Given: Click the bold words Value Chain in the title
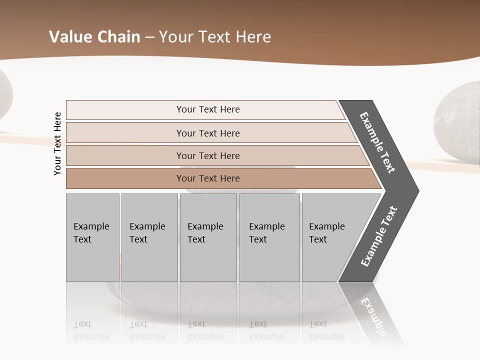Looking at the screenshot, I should click(94, 37).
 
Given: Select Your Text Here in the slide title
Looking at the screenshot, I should click(215, 37).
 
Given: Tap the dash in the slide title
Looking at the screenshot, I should click(149, 37).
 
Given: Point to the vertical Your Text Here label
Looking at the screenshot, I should click(57, 143).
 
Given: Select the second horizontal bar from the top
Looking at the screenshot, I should click(208, 133).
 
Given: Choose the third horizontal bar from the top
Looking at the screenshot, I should click(208, 155).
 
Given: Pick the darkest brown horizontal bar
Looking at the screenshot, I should click(208, 178).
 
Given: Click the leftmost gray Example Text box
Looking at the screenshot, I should click(92, 237).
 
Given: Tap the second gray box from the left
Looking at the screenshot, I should click(149, 237).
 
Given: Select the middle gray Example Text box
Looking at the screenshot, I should click(208, 237).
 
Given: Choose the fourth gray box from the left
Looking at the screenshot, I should click(269, 237).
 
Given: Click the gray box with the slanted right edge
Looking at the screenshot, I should click(330, 237).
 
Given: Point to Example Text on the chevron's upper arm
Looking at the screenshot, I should click(377, 142).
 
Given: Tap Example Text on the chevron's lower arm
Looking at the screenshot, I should click(379, 236).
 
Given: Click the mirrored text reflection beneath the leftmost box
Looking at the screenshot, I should click(91, 330).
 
